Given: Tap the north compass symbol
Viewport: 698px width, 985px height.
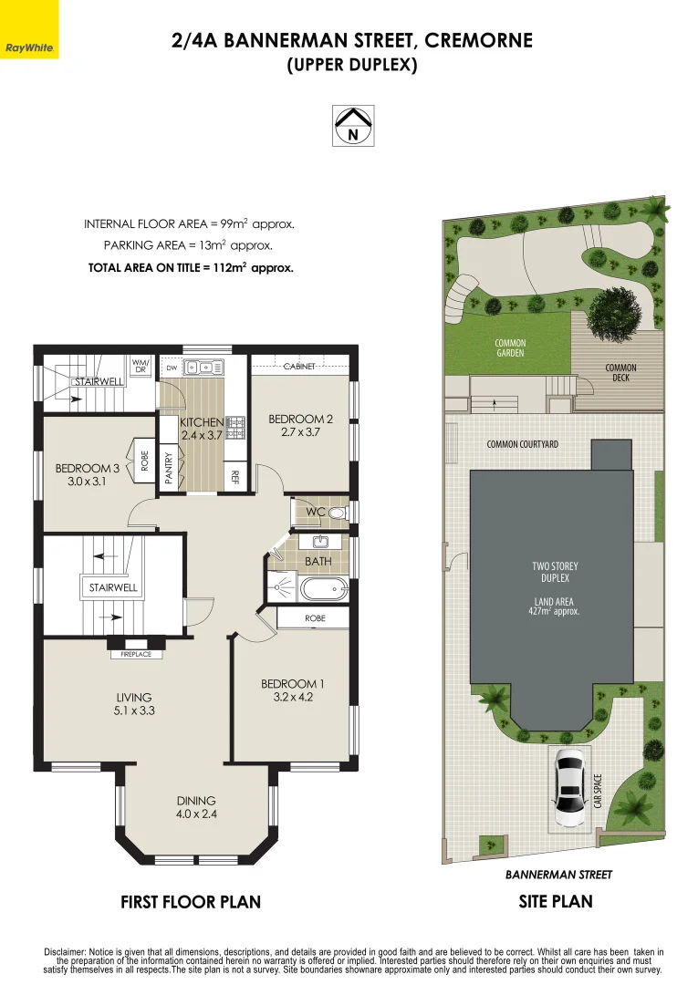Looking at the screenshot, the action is (353, 126).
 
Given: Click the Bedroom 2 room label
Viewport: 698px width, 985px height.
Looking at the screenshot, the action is (300, 425).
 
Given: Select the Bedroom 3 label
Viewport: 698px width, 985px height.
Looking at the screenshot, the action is (87, 475).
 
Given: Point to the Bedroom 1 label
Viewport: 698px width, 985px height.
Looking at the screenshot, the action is (293, 689).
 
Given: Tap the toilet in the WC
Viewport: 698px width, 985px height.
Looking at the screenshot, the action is (338, 513).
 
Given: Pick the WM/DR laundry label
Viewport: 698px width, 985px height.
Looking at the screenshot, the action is (141, 367).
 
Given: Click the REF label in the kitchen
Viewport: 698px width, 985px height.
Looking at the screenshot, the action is (235, 477).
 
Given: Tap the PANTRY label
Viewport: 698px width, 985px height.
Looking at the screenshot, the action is (168, 468).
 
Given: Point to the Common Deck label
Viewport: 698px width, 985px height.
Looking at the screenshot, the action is (620, 372).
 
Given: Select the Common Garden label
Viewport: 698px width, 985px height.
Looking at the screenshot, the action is (510, 348).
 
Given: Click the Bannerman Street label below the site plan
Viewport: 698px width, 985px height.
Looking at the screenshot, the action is (558, 875).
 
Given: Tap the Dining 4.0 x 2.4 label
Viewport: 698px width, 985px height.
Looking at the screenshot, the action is (196, 807).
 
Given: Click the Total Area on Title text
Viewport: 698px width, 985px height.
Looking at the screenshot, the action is (191, 267).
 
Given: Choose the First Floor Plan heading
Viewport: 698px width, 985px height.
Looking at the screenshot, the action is (191, 902).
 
